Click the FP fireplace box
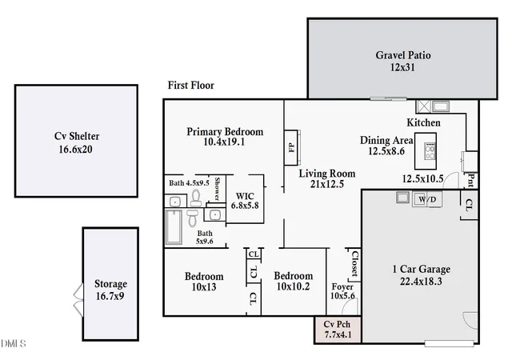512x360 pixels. click(291, 148)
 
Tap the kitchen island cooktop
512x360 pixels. click(430, 151)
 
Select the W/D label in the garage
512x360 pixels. click(427, 199)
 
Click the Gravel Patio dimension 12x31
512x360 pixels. click(402, 67)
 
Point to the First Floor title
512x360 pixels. click(191, 86)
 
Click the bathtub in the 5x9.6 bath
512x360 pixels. click(174, 227)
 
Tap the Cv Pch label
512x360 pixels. click(337, 324)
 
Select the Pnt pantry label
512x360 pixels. click(471, 180)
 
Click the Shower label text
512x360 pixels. click(217, 189)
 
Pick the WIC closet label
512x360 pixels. click(245, 196)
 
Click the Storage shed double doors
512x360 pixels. click(78, 300)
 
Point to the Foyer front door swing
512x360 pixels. click(350, 306)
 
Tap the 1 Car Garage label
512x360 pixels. click(422, 269)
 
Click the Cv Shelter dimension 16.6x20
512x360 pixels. click(75, 150)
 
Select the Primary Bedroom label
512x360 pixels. click(225, 132)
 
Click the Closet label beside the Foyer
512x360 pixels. click(355, 264)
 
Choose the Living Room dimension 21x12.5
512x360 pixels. click(327, 184)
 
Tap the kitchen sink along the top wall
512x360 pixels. click(441, 106)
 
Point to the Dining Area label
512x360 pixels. click(386, 141)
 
